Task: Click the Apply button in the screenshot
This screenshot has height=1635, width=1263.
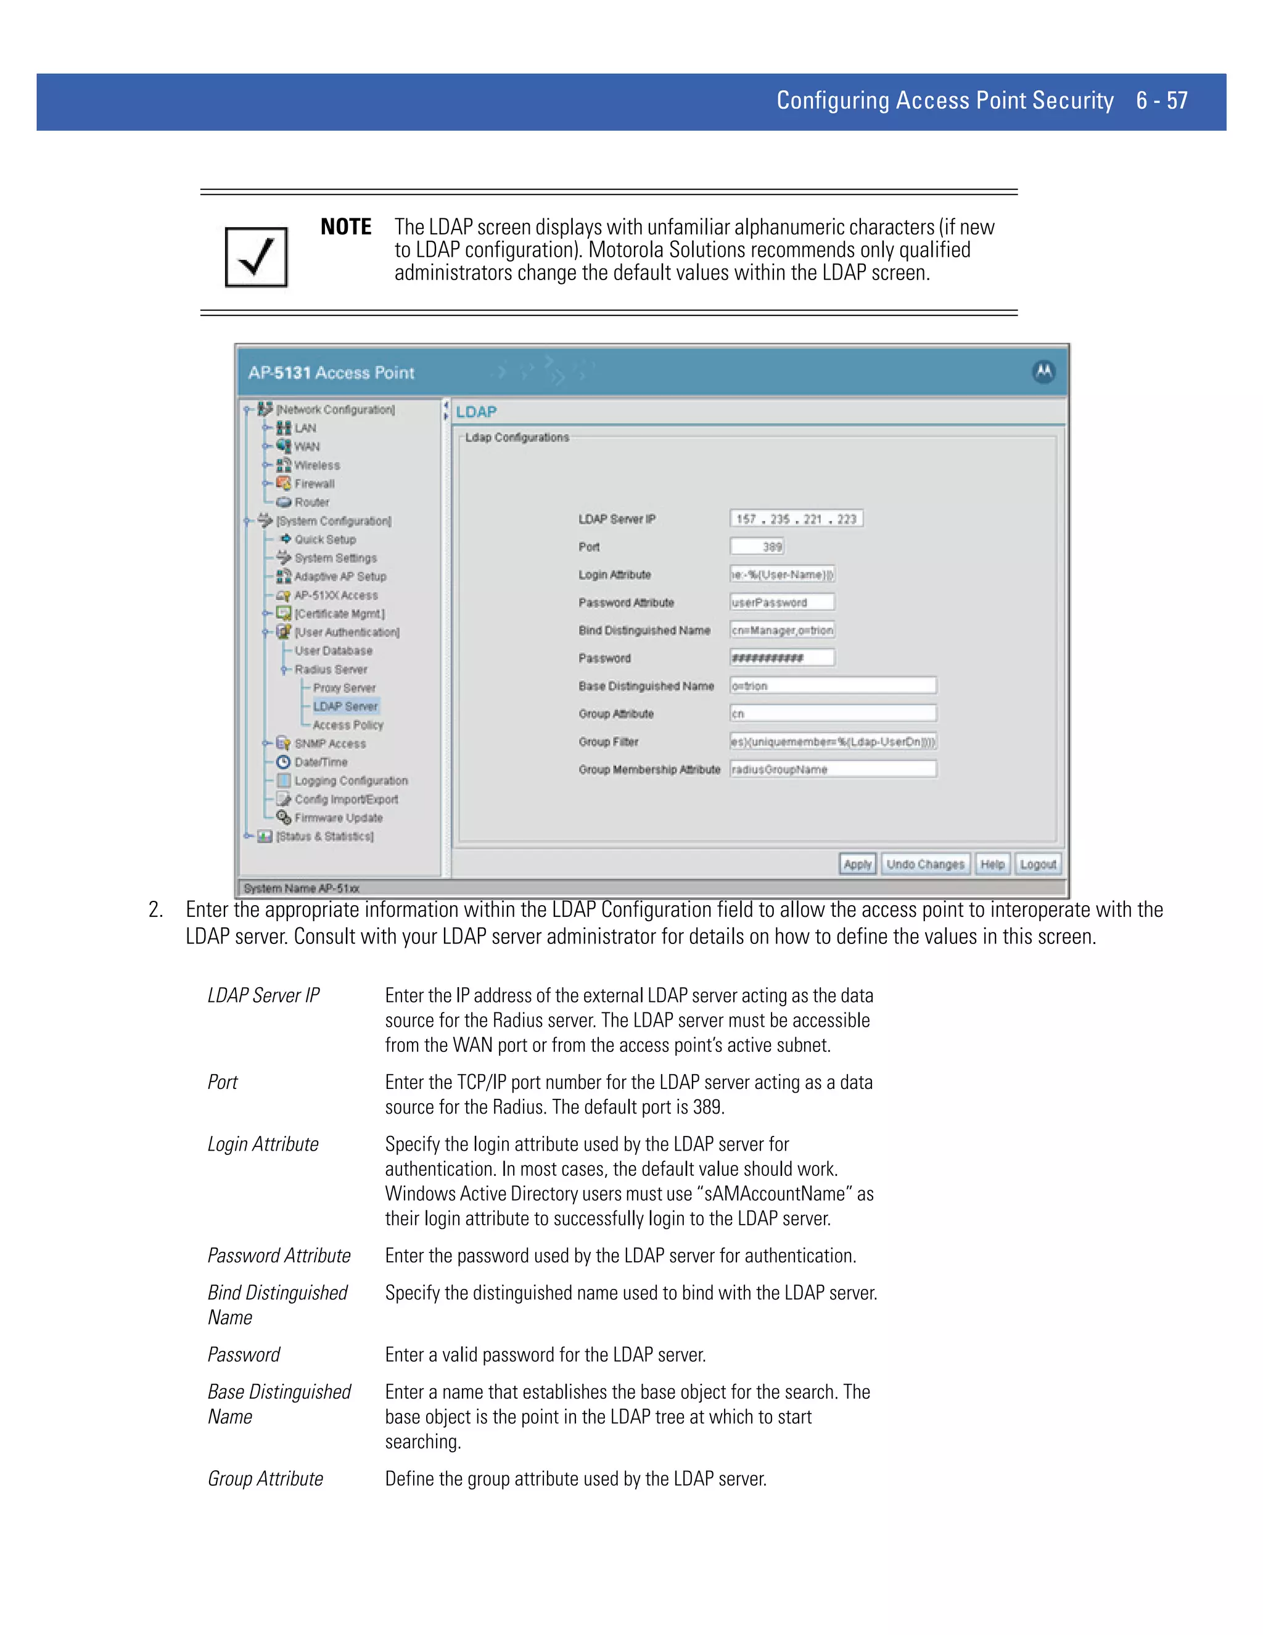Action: tap(857, 864)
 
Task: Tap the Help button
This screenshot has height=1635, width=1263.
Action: tap(992, 864)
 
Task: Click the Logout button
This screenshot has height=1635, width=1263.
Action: tap(1038, 864)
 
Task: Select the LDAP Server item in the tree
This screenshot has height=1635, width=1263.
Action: tap(345, 706)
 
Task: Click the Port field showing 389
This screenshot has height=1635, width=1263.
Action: tap(757, 547)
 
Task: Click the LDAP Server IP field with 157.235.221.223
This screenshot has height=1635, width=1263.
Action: tap(796, 519)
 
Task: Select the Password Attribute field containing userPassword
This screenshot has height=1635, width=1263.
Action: tap(782, 603)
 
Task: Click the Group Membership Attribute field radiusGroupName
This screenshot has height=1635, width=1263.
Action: tap(832, 769)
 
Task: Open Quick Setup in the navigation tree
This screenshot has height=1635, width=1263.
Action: tap(325, 539)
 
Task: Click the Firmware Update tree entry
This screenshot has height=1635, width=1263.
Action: tap(338, 817)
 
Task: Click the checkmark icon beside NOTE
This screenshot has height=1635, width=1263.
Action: tap(256, 257)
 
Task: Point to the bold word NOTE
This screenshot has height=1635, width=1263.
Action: tap(346, 227)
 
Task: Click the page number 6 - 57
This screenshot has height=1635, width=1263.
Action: tap(1161, 101)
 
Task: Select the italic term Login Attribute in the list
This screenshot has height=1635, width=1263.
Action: tap(263, 1144)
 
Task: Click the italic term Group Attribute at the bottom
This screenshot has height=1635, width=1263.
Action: tap(265, 1478)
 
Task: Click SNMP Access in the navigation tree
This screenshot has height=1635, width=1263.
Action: tap(330, 743)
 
